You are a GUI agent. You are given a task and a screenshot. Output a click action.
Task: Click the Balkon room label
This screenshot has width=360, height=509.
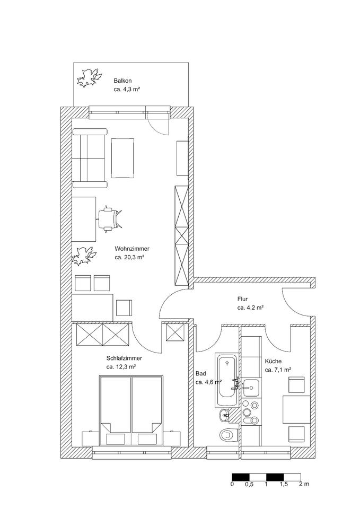click(122, 81)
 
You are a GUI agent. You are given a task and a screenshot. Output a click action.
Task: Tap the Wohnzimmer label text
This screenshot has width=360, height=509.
click(132, 249)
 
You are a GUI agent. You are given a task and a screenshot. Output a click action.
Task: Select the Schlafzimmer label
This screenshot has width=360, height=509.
click(124, 359)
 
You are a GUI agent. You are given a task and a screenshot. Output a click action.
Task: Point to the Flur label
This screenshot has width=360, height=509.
click(242, 299)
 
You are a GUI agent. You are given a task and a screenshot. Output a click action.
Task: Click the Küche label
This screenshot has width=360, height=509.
click(273, 361)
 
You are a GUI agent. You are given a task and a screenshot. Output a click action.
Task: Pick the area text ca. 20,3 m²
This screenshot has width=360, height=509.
click(129, 258)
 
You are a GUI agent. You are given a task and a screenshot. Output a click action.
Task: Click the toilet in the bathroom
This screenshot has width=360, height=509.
click(229, 434)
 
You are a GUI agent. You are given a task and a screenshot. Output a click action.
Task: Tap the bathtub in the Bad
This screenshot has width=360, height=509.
click(227, 380)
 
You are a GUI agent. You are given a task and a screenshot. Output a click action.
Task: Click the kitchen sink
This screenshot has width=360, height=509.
click(251, 388)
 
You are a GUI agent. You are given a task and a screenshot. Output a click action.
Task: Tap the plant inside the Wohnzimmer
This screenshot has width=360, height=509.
click(83, 256)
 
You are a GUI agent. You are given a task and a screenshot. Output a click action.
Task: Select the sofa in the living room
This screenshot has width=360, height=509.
click(90, 158)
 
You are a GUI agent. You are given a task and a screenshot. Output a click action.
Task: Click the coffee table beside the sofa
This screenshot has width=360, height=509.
click(122, 158)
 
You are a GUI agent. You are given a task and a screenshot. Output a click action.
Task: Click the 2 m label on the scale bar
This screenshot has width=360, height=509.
click(304, 484)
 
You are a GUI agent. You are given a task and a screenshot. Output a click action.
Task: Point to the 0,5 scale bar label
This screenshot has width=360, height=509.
click(249, 484)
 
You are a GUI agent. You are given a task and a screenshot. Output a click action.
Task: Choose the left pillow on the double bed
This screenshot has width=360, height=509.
click(116, 439)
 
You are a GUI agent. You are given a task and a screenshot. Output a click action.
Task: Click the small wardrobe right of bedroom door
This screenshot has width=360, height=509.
click(175, 332)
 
